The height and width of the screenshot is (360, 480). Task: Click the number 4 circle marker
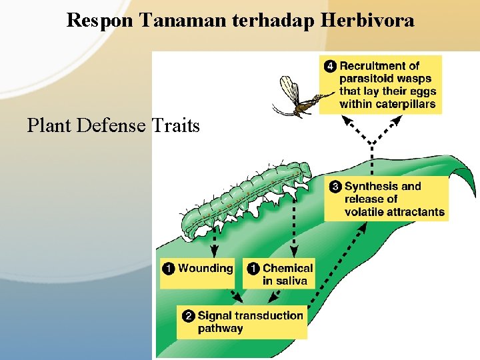pos(331,66)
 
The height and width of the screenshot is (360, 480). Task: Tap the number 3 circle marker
pos(336,187)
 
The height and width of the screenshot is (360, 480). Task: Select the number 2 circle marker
pos(189,316)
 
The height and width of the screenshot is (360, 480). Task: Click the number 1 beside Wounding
pos(169,269)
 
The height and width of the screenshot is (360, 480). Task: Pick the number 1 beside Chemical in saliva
pos(254,269)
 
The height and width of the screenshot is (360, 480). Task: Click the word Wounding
pos(205,269)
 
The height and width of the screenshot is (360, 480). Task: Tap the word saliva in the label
pos(291,281)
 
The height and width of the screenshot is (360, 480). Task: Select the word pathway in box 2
pos(220,329)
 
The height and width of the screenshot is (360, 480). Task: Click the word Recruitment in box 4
pos(379,66)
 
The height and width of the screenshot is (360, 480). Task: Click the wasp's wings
pos(288,89)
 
